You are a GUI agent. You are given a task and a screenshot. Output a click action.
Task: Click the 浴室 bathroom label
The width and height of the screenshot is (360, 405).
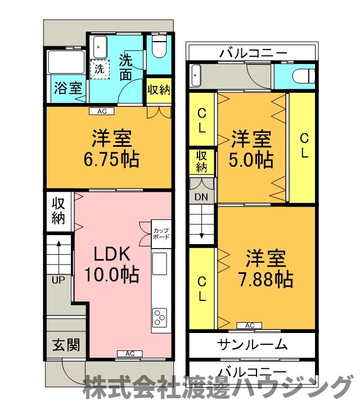67,88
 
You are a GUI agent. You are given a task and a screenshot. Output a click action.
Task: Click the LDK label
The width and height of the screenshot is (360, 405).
112,254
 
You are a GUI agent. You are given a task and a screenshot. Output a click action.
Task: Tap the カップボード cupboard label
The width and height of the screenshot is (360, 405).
161,233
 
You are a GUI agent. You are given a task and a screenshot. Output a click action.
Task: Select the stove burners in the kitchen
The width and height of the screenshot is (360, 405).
159,318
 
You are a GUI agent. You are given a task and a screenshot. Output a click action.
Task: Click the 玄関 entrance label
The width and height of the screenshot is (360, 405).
66,345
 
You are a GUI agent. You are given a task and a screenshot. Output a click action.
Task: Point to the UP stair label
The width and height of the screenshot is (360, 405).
57,280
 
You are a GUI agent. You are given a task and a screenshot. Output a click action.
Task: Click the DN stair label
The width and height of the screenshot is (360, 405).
201,197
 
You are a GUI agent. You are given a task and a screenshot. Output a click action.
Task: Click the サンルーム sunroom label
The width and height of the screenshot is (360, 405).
251,344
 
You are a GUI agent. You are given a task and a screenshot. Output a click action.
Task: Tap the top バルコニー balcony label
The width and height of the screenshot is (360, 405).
253,55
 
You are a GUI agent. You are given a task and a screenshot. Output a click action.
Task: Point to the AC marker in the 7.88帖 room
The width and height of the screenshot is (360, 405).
250,325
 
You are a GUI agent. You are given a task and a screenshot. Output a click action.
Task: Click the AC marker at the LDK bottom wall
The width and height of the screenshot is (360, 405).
129,353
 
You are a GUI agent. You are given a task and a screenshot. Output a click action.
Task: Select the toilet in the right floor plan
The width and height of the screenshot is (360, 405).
303,76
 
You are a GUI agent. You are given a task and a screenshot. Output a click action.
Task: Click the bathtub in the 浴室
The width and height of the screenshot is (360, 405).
65,62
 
